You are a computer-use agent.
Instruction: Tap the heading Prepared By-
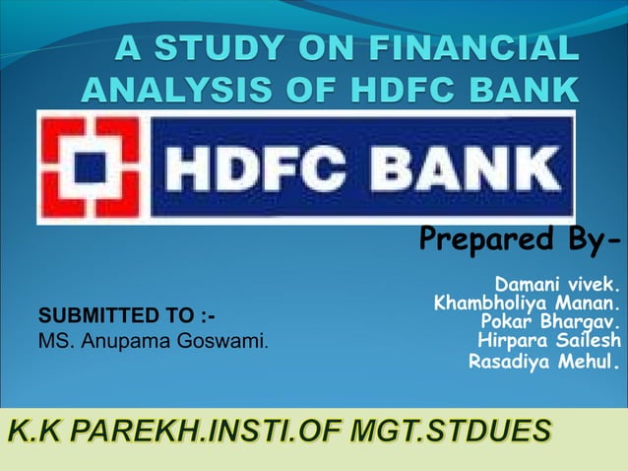tap(520, 239)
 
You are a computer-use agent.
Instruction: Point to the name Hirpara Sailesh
tap(549, 341)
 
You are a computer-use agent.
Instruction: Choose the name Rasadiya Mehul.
tap(545, 362)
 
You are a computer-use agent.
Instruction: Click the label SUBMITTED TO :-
tap(126, 316)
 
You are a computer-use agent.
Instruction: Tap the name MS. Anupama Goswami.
tap(154, 343)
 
